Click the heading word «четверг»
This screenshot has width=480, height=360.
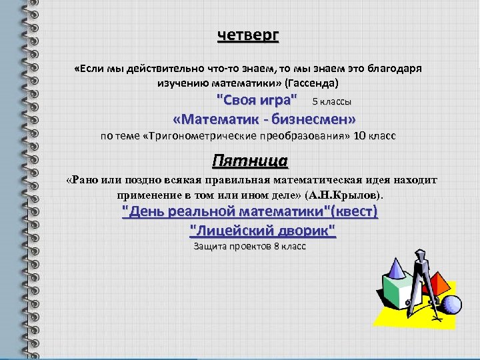(248, 35)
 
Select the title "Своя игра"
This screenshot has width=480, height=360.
(257, 101)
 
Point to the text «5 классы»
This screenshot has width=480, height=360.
(331, 102)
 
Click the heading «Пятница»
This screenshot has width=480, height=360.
(249, 161)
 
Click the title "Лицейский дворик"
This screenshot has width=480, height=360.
(263, 231)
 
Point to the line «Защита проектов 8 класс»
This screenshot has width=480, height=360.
(249, 247)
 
